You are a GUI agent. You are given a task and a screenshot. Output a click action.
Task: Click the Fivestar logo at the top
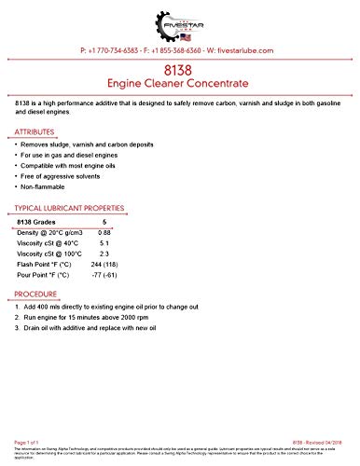(x=179, y=20)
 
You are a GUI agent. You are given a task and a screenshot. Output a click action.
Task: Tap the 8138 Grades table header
(x=43, y=220)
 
